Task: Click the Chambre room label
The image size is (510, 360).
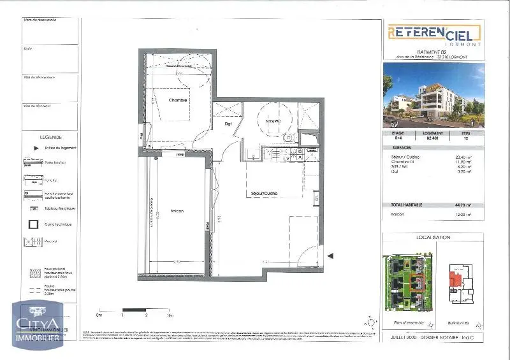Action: [x=178, y=100]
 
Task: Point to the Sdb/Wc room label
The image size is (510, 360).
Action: [x=273, y=121]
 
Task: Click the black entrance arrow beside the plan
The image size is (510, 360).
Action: [x=330, y=256]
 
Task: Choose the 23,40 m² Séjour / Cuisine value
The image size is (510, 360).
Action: [x=463, y=157]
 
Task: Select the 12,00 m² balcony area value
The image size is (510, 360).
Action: [x=463, y=215]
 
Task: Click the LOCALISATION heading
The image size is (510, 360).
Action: [x=433, y=237]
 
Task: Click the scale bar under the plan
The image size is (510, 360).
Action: [x=134, y=310]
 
